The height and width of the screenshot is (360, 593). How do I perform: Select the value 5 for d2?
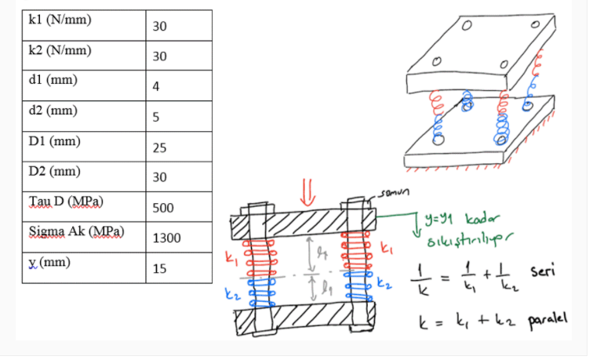click(x=157, y=118)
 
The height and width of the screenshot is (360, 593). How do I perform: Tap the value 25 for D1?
click(x=160, y=147)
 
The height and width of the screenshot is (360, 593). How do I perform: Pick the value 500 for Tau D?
click(x=163, y=209)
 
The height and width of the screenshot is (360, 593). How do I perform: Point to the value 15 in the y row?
click(x=160, y=269)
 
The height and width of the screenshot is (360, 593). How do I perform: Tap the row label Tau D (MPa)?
click(x=66, y=202)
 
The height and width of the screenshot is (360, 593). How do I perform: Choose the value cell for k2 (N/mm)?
click(x=160, y=56)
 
